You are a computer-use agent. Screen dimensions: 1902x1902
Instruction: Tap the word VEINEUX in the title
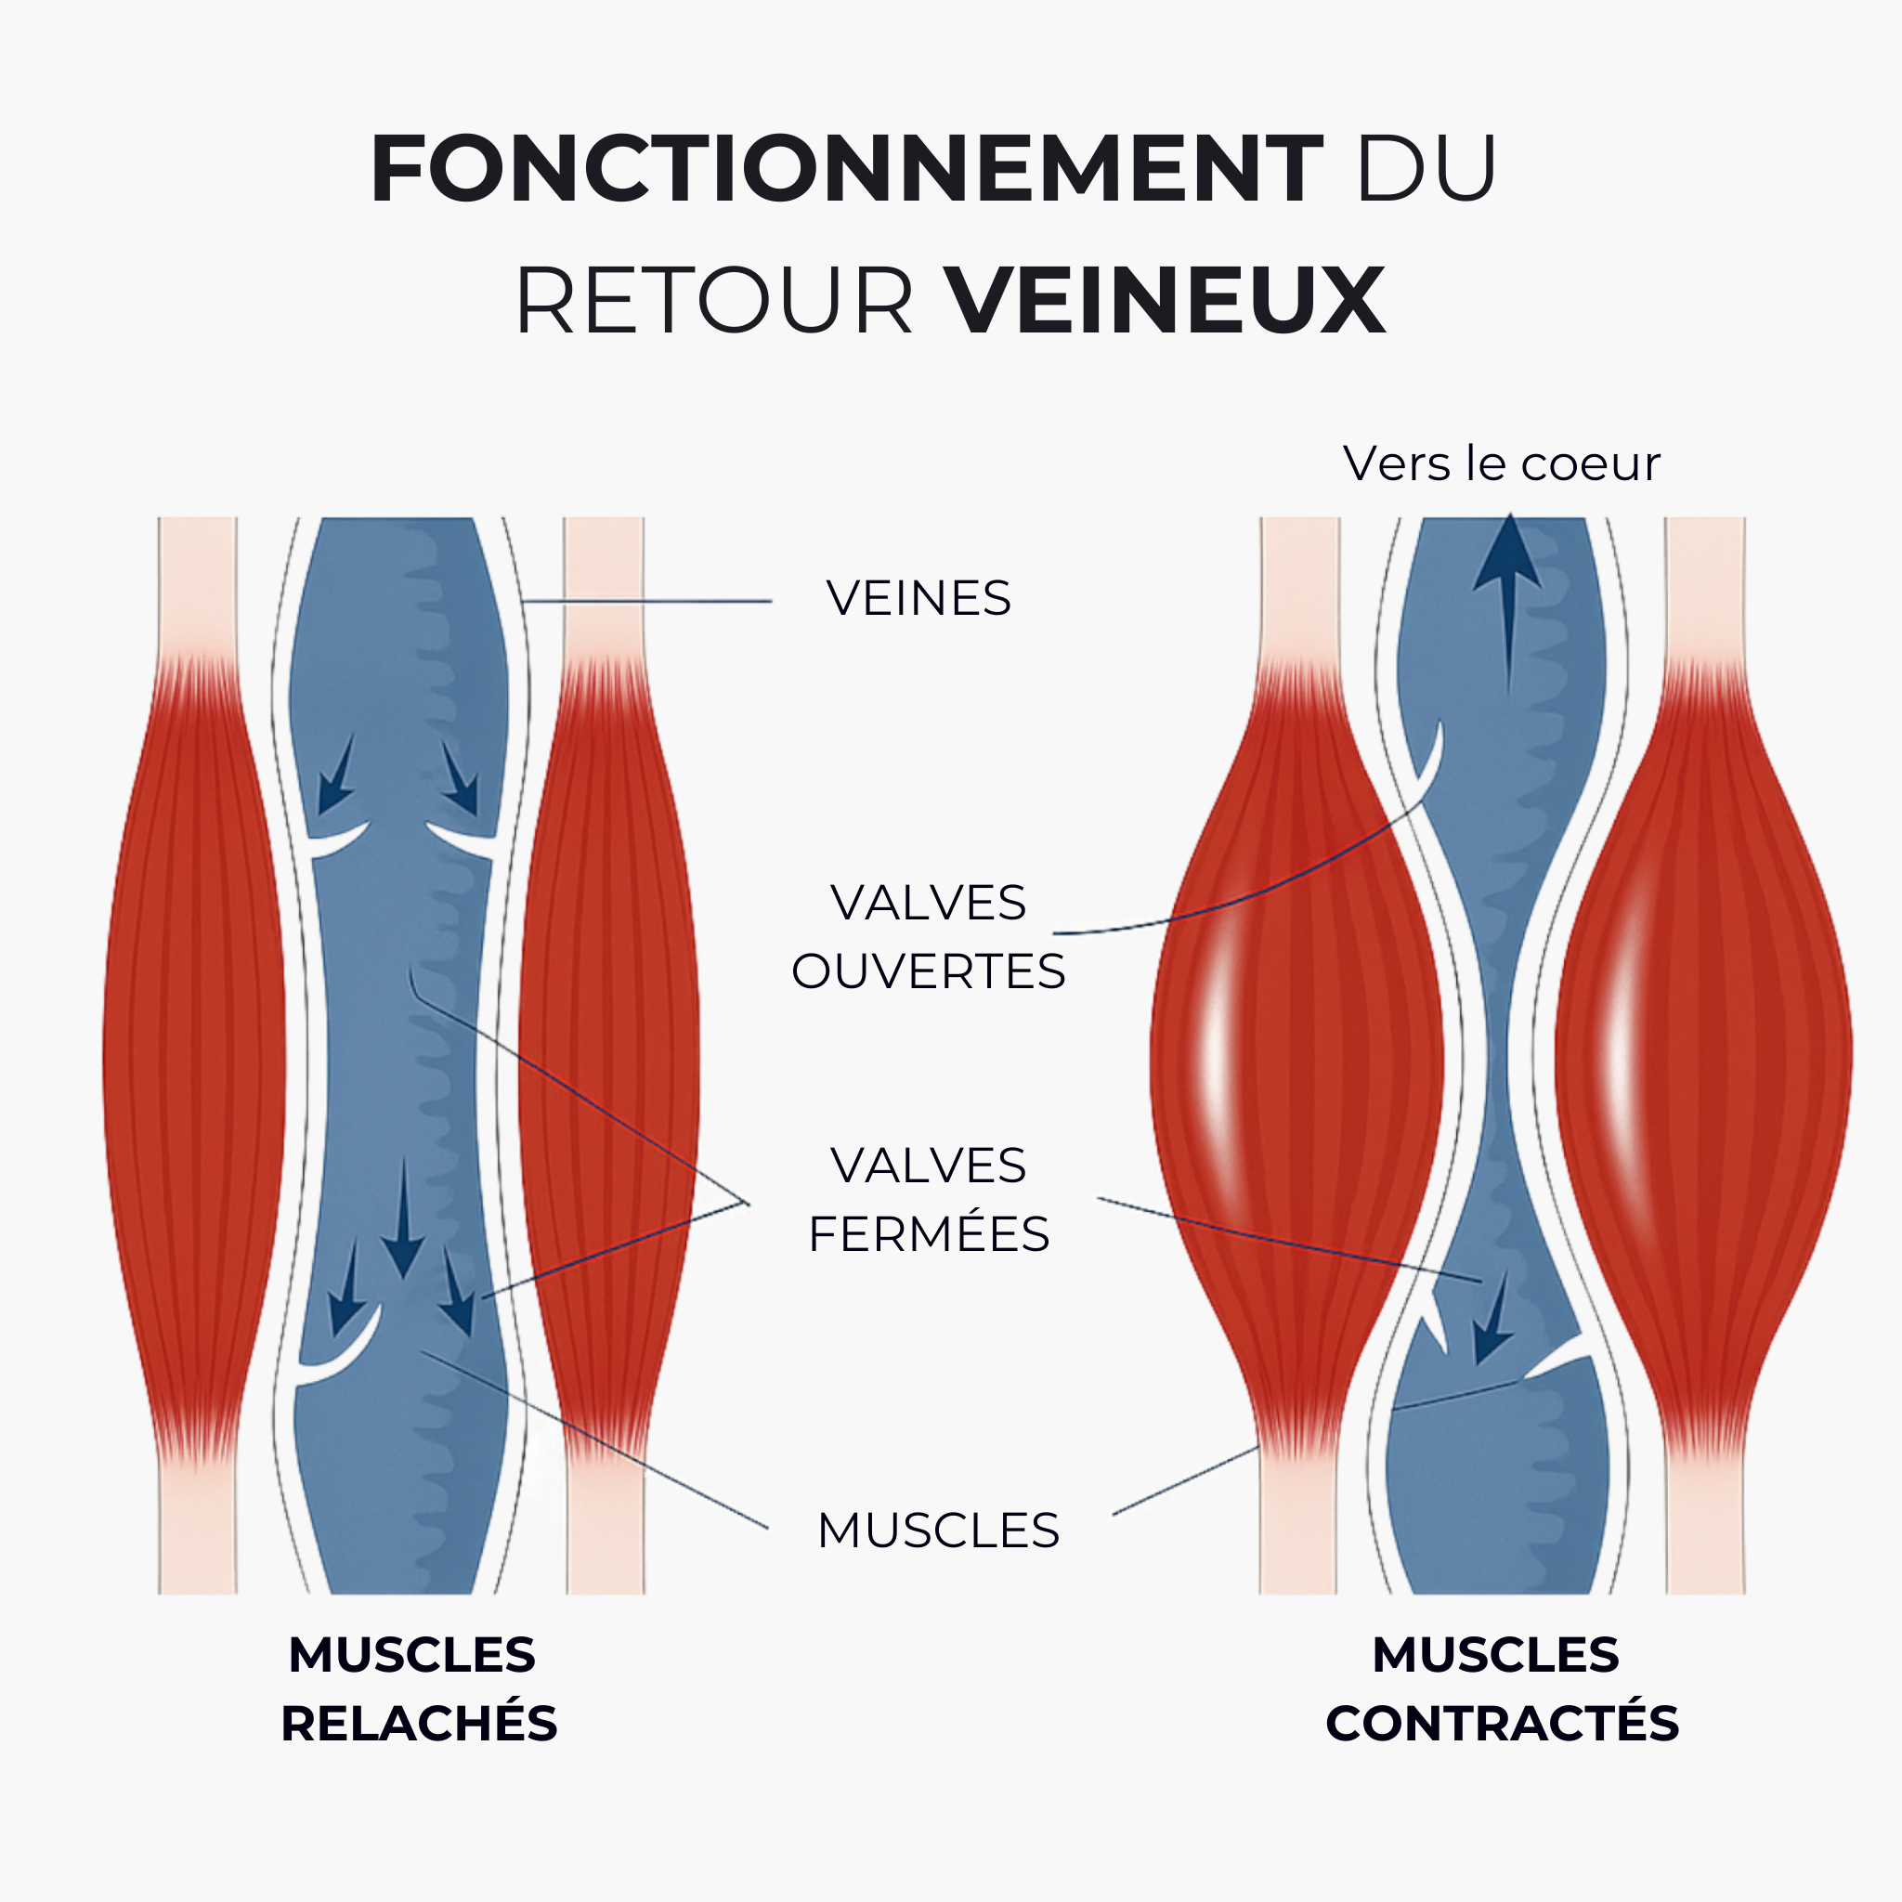point(1166,300)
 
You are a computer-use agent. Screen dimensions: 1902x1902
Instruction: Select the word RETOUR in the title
point(715,300)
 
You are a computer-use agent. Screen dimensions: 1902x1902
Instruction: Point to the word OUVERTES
point(929,971)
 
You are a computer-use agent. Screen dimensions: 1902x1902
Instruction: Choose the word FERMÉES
point(930,1234)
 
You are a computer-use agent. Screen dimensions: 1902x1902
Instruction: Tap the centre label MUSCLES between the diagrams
point(938,1531)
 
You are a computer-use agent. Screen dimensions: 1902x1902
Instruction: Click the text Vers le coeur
point(1502,463)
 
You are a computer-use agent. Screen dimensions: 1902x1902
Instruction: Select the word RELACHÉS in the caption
point(420,1724)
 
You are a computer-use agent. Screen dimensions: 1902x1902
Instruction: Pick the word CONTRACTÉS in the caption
point(1503,1724)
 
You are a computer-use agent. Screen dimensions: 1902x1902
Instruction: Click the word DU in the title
point(1427,169)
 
